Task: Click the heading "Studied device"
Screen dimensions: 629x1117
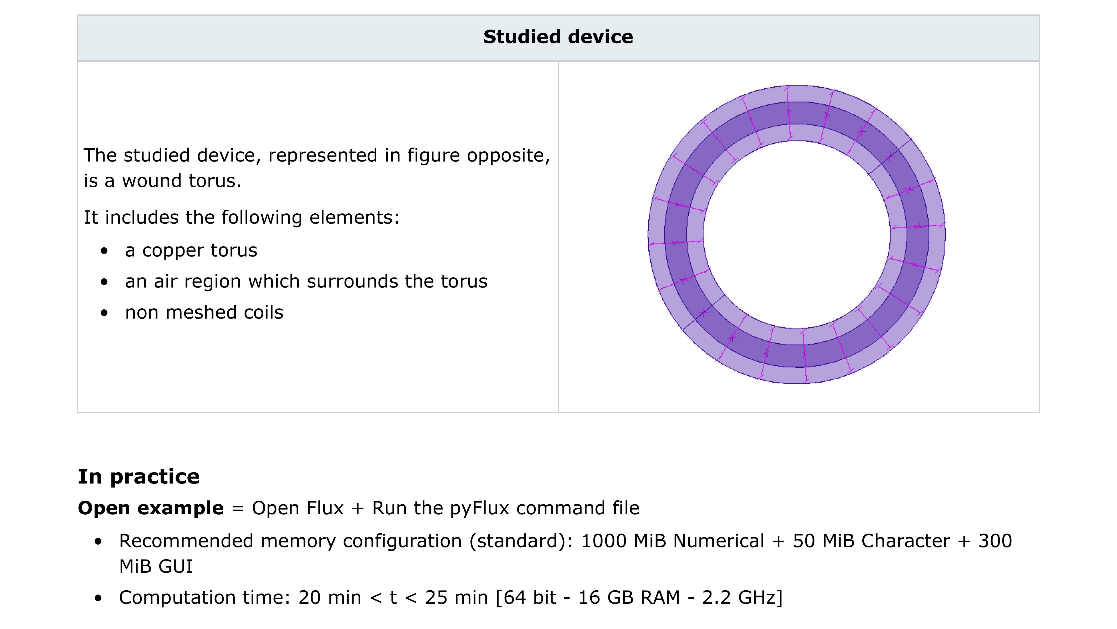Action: [x=558, y=37]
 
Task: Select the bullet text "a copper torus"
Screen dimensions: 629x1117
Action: [x=191, y=250]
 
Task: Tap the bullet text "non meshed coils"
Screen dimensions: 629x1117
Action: [x=204, y=313]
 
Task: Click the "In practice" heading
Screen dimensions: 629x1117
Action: [x=139, y=477]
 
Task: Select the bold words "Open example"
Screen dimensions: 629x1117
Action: [x=150, y=508]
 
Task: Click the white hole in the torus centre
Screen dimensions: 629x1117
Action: [x=797, y=234]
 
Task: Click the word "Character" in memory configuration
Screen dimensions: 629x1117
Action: [x=905, y=541]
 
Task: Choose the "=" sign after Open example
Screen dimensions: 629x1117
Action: [x=238, y=508]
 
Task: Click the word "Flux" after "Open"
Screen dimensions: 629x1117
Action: [x=325, y=508]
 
